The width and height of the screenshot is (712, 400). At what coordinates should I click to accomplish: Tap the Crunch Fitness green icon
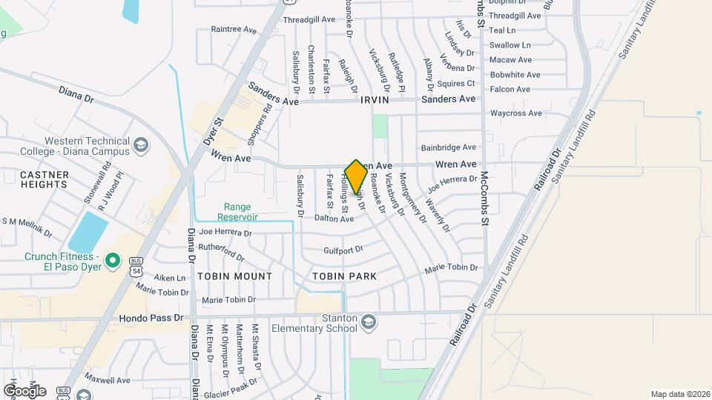[x=113, y=260]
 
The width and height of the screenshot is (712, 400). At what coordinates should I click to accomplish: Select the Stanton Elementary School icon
[x=369, y=321]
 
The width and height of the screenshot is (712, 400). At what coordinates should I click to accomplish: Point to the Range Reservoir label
[x=237, y=213]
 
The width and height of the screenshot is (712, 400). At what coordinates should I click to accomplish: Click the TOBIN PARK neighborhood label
[x=344, y=276]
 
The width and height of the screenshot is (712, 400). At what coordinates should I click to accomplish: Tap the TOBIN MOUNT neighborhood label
[x=235, y=276]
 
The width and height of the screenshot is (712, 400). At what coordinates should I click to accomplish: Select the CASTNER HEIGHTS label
[x=44, y=180]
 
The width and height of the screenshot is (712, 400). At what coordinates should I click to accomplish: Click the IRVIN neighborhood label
[x=375, y=99]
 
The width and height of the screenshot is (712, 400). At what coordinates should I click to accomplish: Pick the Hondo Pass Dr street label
[x=151, y=318]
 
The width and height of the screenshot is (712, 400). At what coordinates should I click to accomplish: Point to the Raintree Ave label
[x=233, y=30]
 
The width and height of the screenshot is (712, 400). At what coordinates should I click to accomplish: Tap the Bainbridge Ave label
[x=448, y=148]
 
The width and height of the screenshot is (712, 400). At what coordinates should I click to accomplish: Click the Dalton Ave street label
[x=334, y=219]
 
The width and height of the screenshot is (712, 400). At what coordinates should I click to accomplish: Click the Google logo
[x=24, y=390]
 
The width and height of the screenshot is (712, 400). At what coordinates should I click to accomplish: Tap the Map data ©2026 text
[x=679, y=394]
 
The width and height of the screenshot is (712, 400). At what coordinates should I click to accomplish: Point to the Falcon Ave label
[x=510, y=90]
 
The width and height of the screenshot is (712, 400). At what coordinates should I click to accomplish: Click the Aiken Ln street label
[x=169, y=278]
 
